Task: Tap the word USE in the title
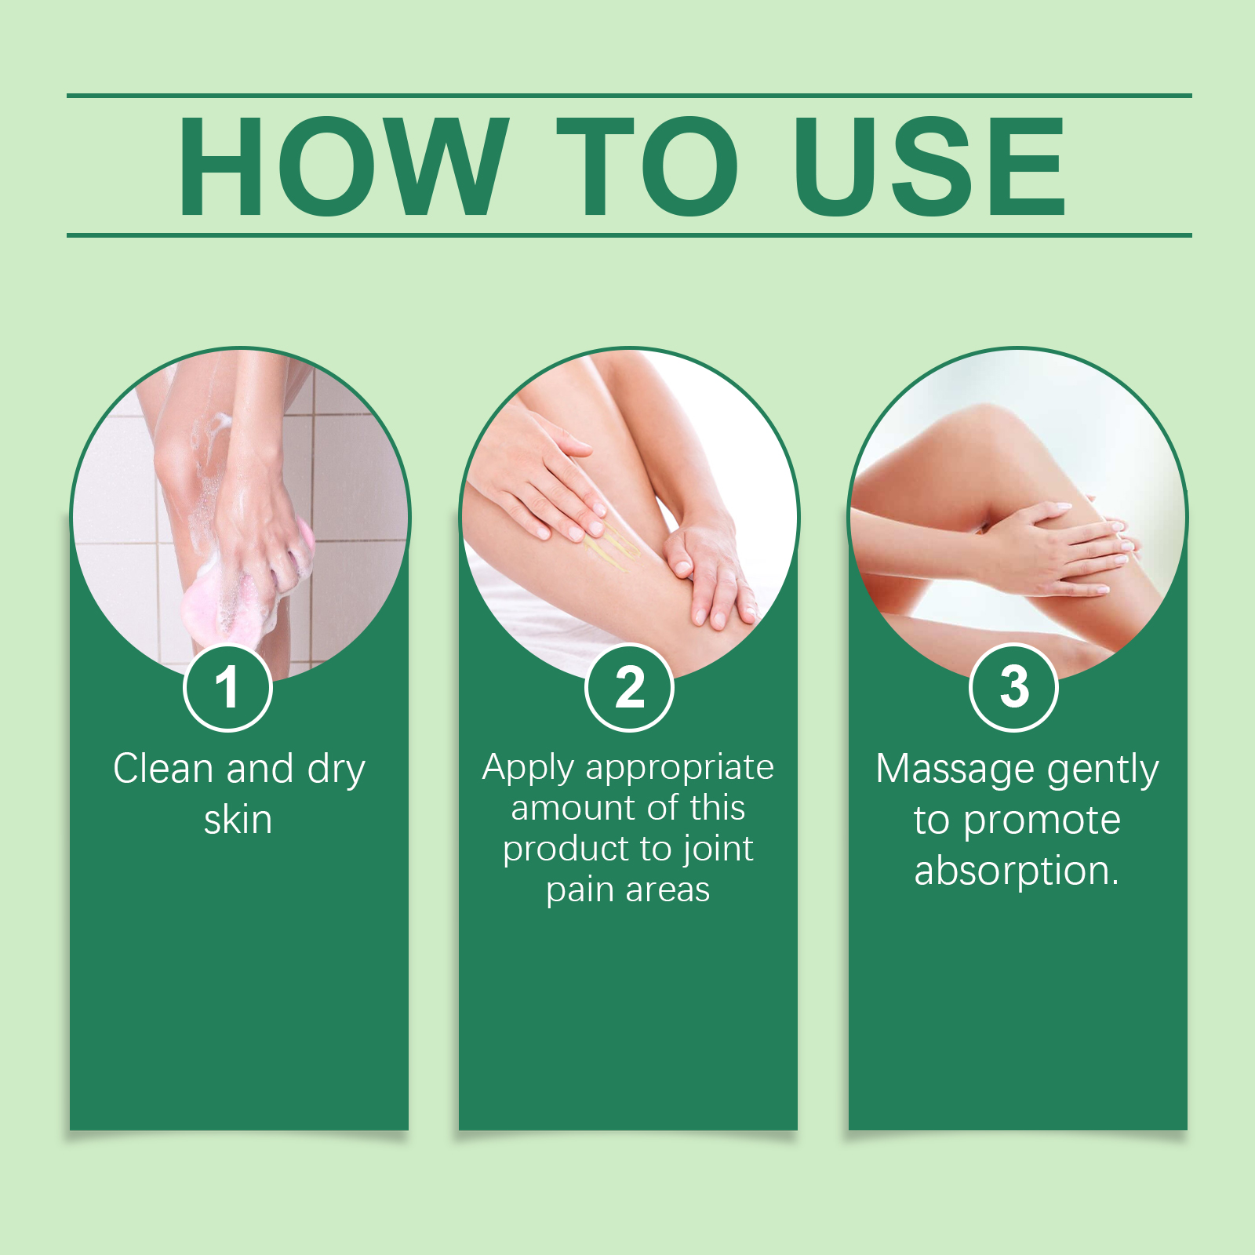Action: (x=930, y=166)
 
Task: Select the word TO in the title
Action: (x=648, y=166)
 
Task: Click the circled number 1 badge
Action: (x=227, y=688)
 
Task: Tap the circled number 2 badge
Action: (x=629, y=688)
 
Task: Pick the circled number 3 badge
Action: (x=1014, y=688)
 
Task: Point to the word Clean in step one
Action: (x=163, y=768)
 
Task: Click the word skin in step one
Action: (x=238, y=820)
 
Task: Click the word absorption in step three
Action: (x=1011, y=871)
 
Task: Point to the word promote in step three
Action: (x=1042, y=821)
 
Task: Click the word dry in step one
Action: (x=336, y=769)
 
